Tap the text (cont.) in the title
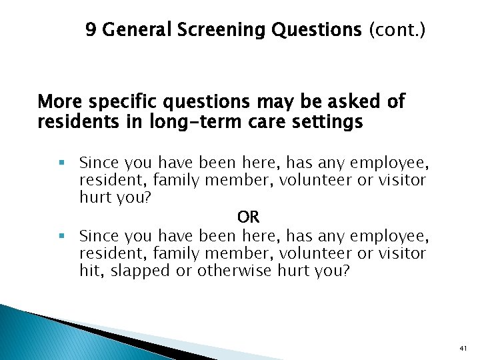pos(399,30)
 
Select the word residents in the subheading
pos(73,123)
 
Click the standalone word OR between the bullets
pos(248,217)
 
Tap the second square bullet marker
pos(61,235)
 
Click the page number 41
pos(463,348)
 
